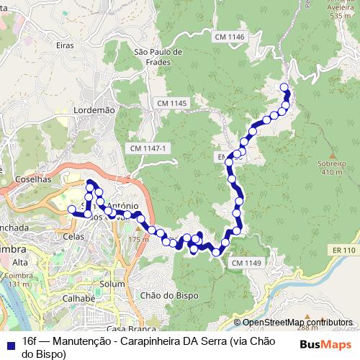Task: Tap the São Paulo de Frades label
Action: pos(158,57)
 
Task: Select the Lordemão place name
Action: pos(94,109)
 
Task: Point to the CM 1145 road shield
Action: pos(172,104)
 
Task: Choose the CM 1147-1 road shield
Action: pos(149,148)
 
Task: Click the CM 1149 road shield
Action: pos(246,264)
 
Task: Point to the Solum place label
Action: pos(113,285)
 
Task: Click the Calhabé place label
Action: pos(78,299)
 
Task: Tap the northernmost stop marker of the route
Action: pos(284,88)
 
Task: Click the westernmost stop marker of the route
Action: pos(71,210)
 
